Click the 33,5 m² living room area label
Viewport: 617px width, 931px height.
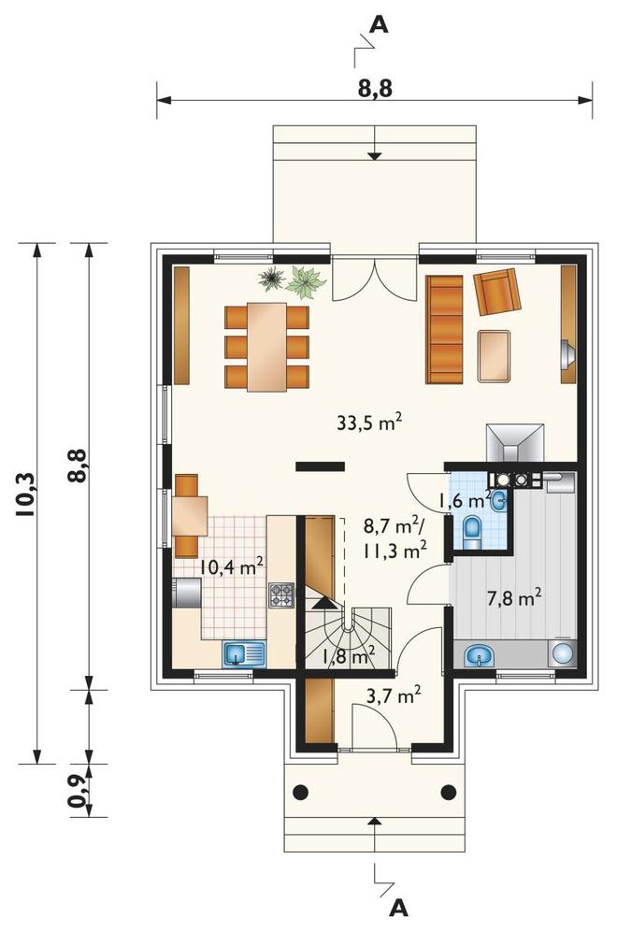tap(369, 423)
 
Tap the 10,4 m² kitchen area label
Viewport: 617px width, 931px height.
tap(232, 566)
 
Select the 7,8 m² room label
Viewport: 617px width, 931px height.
tap(514, 598)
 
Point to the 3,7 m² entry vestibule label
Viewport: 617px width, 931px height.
tap(395, 695)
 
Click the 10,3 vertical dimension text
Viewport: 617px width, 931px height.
tap(27, 495)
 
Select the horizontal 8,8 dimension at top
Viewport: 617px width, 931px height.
tap(375, 89)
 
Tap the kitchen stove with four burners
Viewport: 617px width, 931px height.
tap(281, 594)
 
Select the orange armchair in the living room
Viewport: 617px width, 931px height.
tap(497, 292)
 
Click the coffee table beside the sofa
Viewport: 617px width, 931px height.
tap(495, 355)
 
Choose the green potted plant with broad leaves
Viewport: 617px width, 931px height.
tap(305, 282)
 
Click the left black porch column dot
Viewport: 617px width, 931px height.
tap(301, 791)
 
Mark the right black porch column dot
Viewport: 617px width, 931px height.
tap(448, 791)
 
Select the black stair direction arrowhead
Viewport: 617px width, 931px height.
tap(323, 604)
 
